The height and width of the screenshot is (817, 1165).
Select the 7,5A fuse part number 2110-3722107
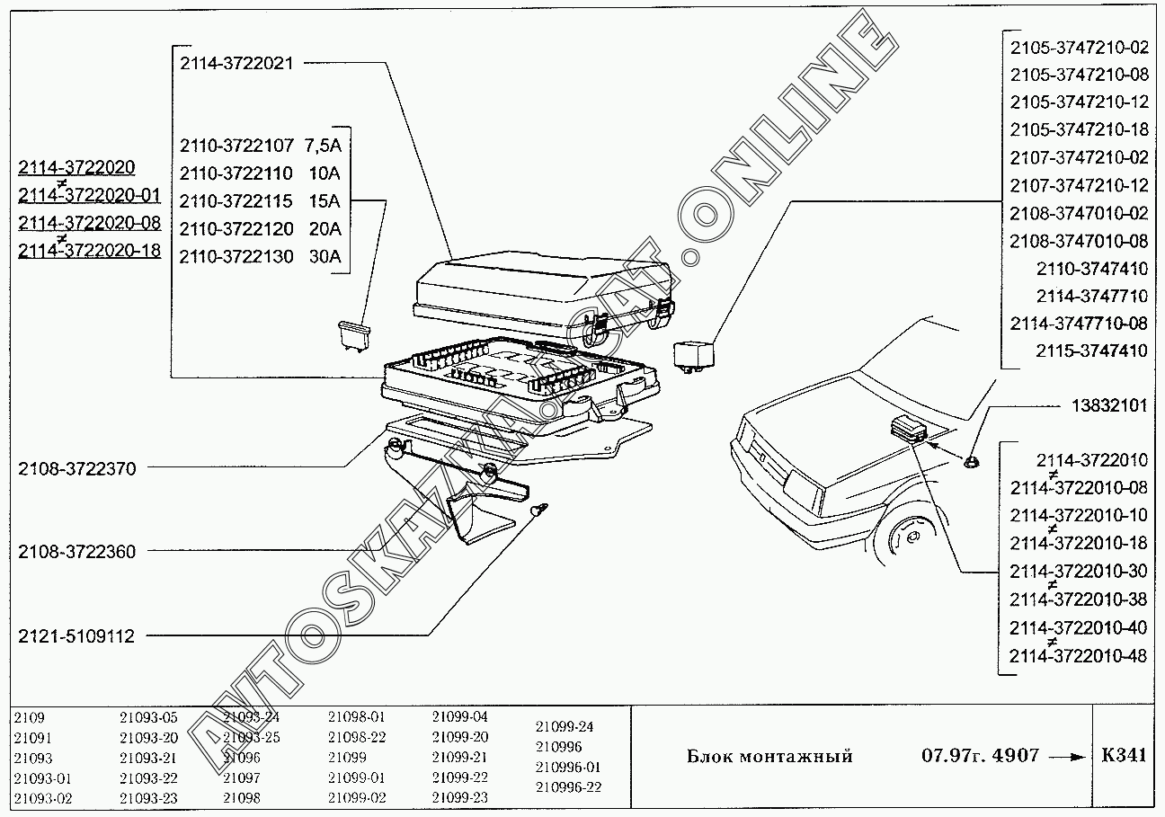pyautogui.click(x=236, y=145)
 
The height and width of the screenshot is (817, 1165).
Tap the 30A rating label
pyautogui.click(x=324, y=256)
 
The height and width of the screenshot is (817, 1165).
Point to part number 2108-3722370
pyautogui.click(x=76, y=468)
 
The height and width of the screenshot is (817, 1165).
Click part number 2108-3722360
pyautogui.click(x=76, y=552)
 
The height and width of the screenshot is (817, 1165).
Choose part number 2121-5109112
pyautogui.click(x=76, y=636)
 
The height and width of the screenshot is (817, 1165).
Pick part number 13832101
pyautogui.click(x=1109, y=406)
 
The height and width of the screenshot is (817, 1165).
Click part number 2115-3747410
pyautogui.click(x=1091, y=351)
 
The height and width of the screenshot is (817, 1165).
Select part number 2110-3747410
pyautogui.click(x=1091, y=269)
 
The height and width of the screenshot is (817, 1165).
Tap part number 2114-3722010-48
pyautogui.click(x=1079, y=656)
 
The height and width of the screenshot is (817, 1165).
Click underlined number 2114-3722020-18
pyautogui.click(x=89, y=251)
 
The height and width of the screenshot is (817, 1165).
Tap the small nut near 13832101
pyautogui.click(x=971, y=462)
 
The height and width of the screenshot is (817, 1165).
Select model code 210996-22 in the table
pyautogui.click(x=568, y=787)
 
